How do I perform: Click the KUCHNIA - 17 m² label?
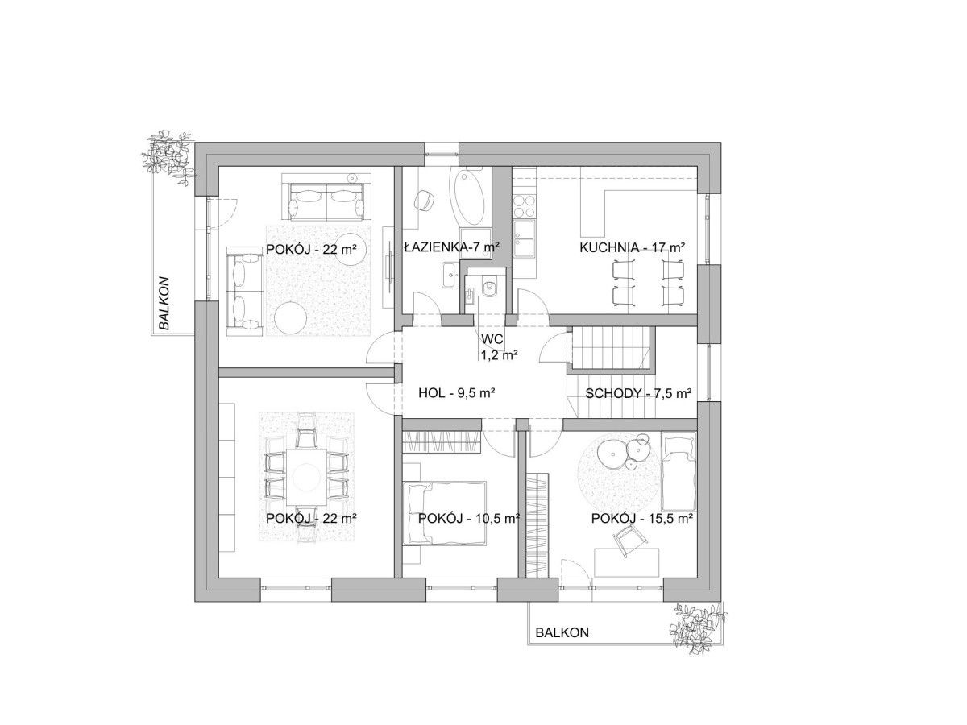coord(632,247)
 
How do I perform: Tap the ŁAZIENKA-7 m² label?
coord(451,247)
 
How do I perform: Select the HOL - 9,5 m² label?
coord(455,392)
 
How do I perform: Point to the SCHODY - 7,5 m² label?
coord(637,393)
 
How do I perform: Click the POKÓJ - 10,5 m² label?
coord(468,519)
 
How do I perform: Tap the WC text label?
coord(492,339)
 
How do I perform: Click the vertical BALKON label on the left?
coord(164,303)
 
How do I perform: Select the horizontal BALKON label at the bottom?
coord(562,632)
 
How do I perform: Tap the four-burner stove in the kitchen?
coord(525,206)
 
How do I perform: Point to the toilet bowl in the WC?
coord(489,288)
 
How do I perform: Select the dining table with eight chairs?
coord(307,477)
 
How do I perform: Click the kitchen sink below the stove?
coord(524,238)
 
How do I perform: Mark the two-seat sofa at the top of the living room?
coord(326,197)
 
